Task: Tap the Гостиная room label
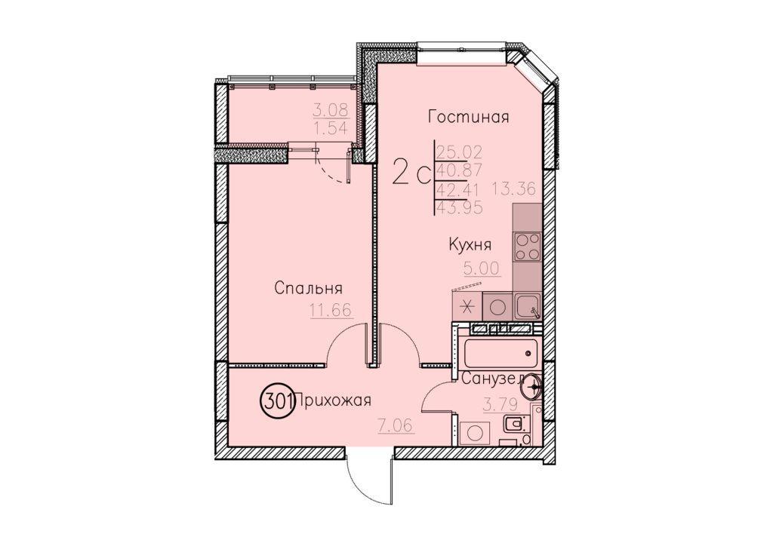468,117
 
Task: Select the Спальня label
308,289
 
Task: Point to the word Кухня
470,244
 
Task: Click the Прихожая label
332,402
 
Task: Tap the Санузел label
493,379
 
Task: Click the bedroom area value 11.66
331,311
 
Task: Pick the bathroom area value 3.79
501,405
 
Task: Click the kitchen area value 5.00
482,268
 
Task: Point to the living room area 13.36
513,188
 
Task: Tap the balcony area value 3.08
331,109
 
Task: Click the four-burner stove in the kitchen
528,246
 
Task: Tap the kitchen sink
528,305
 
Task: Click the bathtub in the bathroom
500,353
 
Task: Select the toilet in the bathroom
516,423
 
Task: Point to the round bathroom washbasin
531,386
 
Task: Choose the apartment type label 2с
411,173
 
